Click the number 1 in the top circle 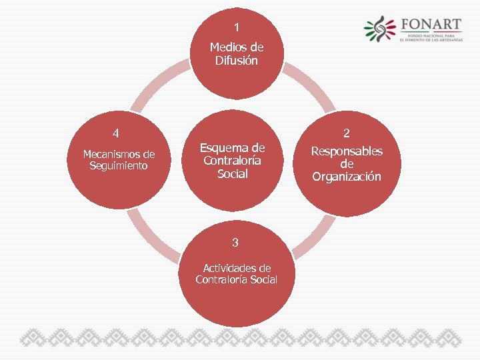click(x=236, y=27)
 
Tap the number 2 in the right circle click(x=347, y=133)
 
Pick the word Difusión click(x=237, y=61)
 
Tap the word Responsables click(x=347, y=151)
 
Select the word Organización click(x=347, y=177)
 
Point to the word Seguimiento click(x=119, y=165)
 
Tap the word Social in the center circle click(x=233, y=174)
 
